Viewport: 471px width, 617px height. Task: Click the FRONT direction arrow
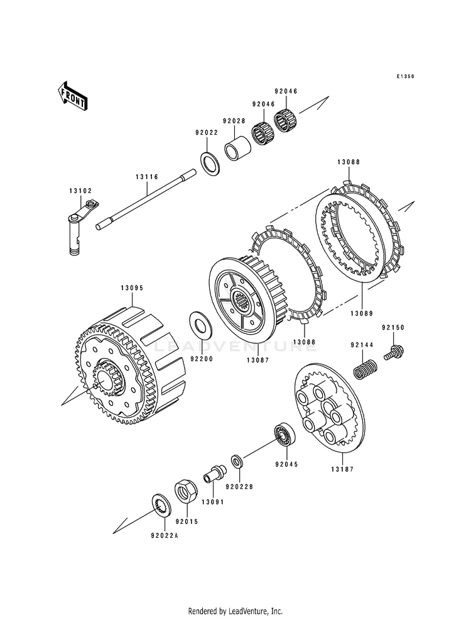point(73,96)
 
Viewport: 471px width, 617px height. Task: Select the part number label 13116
point(147,177)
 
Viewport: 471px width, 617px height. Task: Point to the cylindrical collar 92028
point(237,149)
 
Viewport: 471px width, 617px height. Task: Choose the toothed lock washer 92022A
point(160,507)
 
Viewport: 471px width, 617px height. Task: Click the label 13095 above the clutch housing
point(133,289)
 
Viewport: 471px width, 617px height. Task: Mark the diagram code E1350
point(405,77)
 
